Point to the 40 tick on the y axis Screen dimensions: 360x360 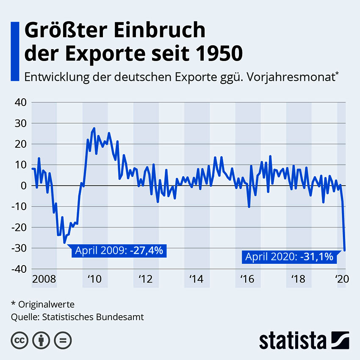click(20, 102)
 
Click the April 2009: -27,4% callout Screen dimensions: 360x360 click(119, 250)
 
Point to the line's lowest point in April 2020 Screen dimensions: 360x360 click(345, 250)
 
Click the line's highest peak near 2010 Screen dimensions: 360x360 click(94, 128)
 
